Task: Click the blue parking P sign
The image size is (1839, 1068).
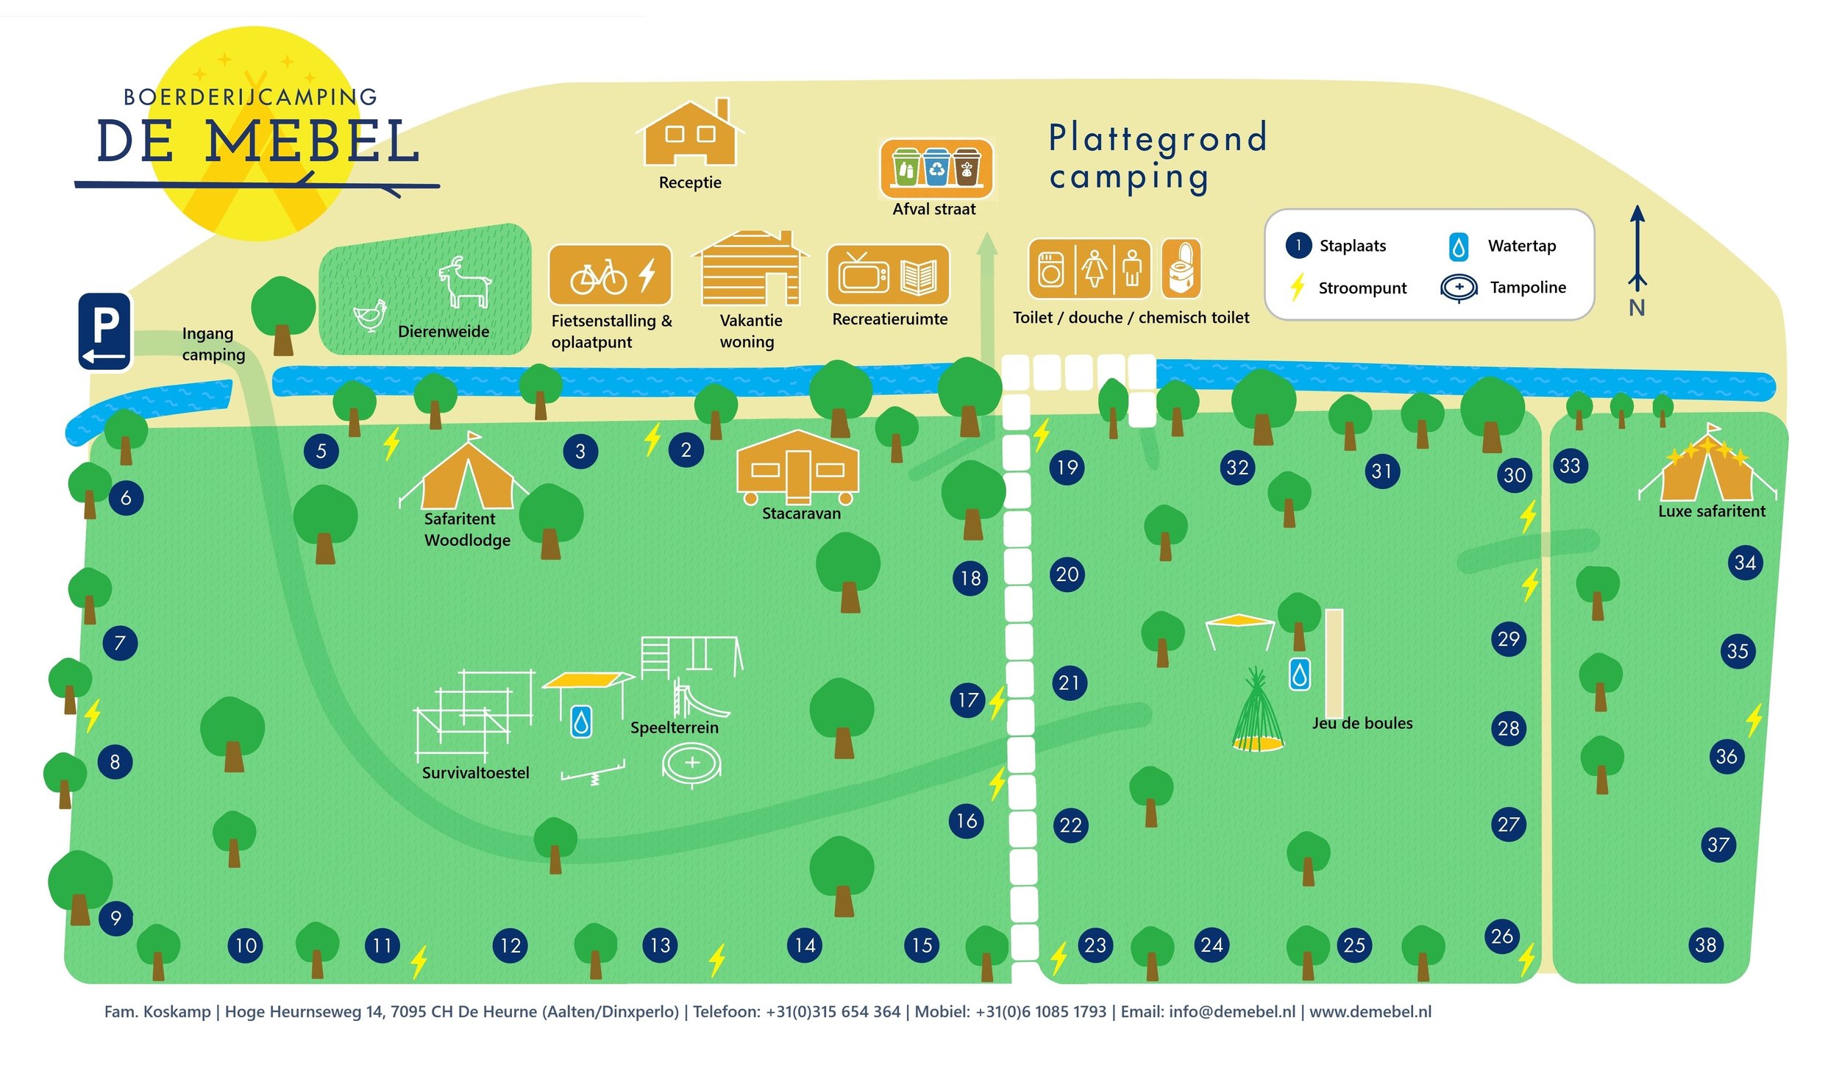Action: [105, 331]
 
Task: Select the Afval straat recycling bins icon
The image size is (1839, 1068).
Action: [936, 168]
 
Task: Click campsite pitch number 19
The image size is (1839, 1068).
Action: [1067, 467]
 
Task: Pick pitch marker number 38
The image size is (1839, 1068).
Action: [1705, 944]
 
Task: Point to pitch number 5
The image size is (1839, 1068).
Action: [321, 451]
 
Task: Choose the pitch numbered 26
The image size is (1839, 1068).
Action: [1502, 936]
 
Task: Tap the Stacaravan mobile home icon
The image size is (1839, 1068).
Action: [797, 469]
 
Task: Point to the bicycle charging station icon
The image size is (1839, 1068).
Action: [611, 275]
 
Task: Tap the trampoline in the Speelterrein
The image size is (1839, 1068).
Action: [691, 763]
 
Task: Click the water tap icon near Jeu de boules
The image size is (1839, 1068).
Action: [1299, 674]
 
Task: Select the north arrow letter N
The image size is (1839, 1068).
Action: [1637, 307]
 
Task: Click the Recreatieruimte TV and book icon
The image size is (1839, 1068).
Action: [889, 275]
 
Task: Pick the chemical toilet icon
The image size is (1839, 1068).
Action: [1181, 269]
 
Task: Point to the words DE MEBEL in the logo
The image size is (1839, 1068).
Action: [257, 141]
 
